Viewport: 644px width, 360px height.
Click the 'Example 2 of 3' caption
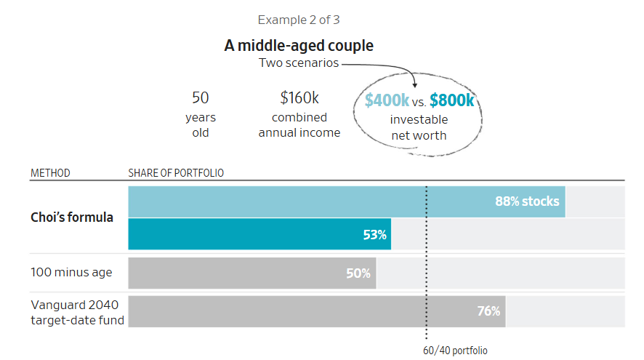point(299,20)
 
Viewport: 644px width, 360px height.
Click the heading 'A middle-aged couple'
point(299,46)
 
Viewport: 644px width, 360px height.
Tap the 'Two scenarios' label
point(299,63)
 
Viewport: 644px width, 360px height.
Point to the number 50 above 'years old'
point(200,97)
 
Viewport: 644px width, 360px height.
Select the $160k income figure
point(299,97)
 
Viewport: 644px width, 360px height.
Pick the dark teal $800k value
point(451,100)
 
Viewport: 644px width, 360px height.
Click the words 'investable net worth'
point(419,127)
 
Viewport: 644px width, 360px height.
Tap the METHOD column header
point(50,173)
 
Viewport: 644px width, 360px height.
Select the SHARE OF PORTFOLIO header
point(176,173)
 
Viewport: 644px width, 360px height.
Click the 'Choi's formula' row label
point(72,217)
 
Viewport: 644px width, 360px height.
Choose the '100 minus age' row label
point(71,273)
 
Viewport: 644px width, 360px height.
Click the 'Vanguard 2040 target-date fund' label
point(77,312)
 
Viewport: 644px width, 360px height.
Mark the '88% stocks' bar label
point(527,201)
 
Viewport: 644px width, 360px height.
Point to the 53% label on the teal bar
point(374,235)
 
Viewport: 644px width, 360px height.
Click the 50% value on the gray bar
point(358,273)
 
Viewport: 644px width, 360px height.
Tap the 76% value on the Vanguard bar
point(488,311)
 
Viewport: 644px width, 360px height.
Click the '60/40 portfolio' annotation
point(455,351)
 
